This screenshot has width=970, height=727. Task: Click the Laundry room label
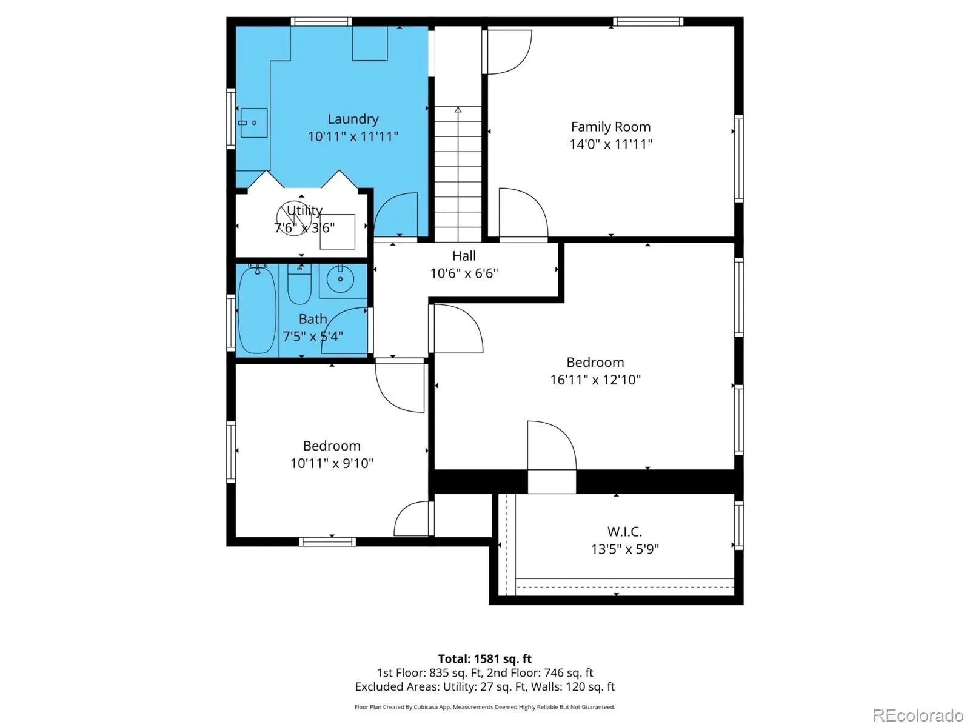[353, 119]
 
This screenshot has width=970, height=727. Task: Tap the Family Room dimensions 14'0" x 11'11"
[610, 144]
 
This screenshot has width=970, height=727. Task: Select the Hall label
[464, 256]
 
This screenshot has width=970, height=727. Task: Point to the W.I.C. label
[624, 531]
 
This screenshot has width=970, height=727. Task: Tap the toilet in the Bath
[299, 284]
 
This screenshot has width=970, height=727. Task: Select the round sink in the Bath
[340, 279]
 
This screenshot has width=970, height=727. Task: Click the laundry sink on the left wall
[253, 122]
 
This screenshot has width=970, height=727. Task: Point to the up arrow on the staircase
[458, 110]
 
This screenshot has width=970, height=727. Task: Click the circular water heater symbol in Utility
[294, 218]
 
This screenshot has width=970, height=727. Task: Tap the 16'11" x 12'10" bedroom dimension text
[595, 380]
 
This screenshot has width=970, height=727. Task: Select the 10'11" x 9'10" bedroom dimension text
[332, 463]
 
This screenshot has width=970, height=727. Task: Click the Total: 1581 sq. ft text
[485, 659]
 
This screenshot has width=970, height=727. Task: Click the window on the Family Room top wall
[648, 22]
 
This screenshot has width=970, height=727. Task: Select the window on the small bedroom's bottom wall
[327, 542]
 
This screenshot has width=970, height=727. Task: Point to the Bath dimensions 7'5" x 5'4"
[312, 337]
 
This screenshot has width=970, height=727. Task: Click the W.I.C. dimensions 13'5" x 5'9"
[624, 549]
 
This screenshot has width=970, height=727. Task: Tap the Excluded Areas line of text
[485, 686]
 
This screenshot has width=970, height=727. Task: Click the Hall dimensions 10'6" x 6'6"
[464, 273]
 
